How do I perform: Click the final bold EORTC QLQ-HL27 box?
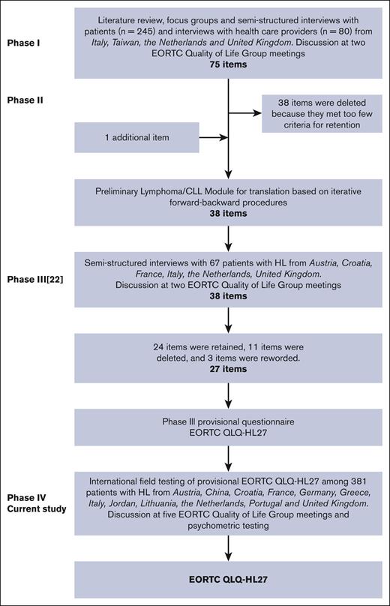click(x=228, y=580)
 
